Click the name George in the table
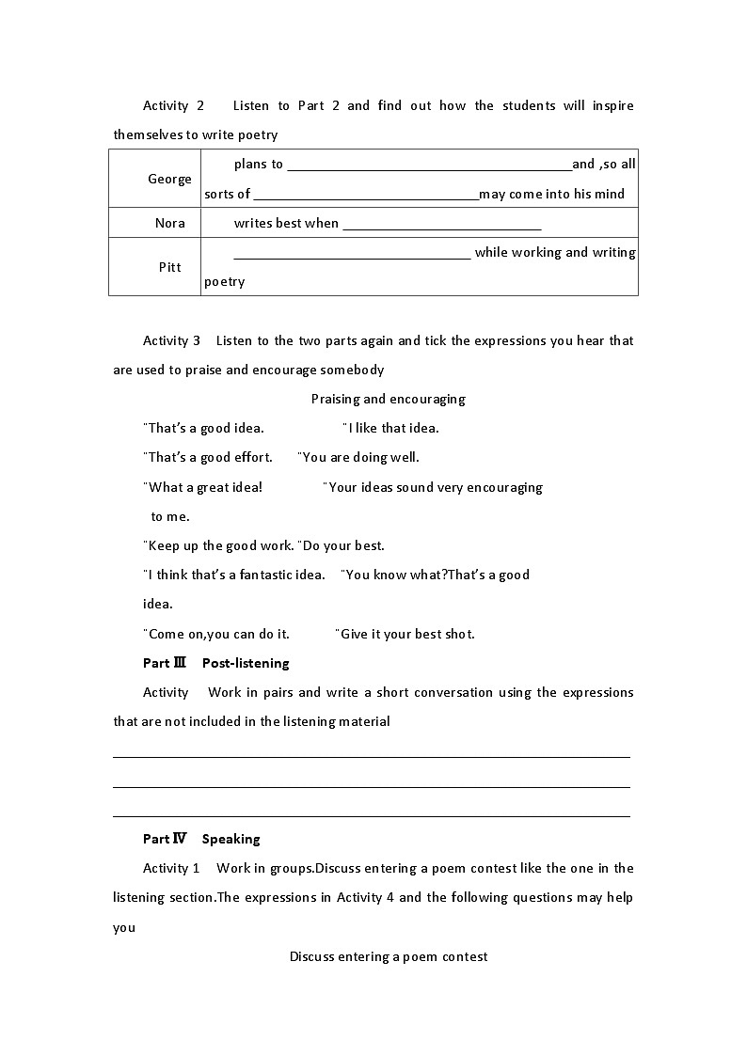click(x=169, y=179)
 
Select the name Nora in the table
click(x=169, y=223)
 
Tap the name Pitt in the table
click(x=169, y=267)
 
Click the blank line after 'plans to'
click(x=429, y=165)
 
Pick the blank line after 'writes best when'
click(x=441, y=225)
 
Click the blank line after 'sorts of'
click(x=366, y=196)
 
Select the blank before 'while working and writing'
click(x=351, y=254)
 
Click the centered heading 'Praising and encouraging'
click(x=388, y=399)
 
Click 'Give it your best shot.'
click(x=405, y=634)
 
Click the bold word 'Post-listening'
click(x=246, y=663)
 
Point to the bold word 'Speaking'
click(x=230, y=839)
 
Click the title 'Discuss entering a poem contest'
click(x=388, y=956)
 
